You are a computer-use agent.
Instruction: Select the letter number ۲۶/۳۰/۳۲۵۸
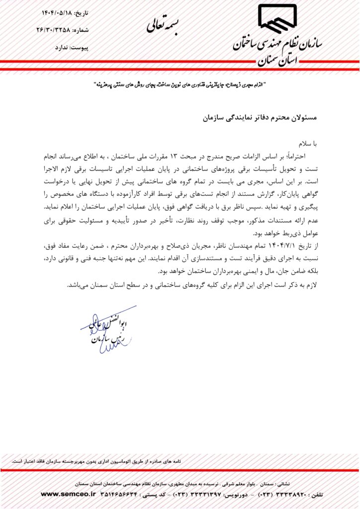54,30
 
